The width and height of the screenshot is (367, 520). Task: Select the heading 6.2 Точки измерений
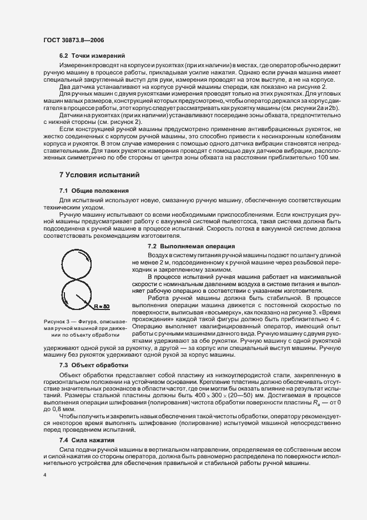click(x=92, y=56)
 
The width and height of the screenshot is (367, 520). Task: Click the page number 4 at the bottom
click(x=45, y=475)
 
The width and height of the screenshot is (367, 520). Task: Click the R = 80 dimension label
click(x=102, y=306)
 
